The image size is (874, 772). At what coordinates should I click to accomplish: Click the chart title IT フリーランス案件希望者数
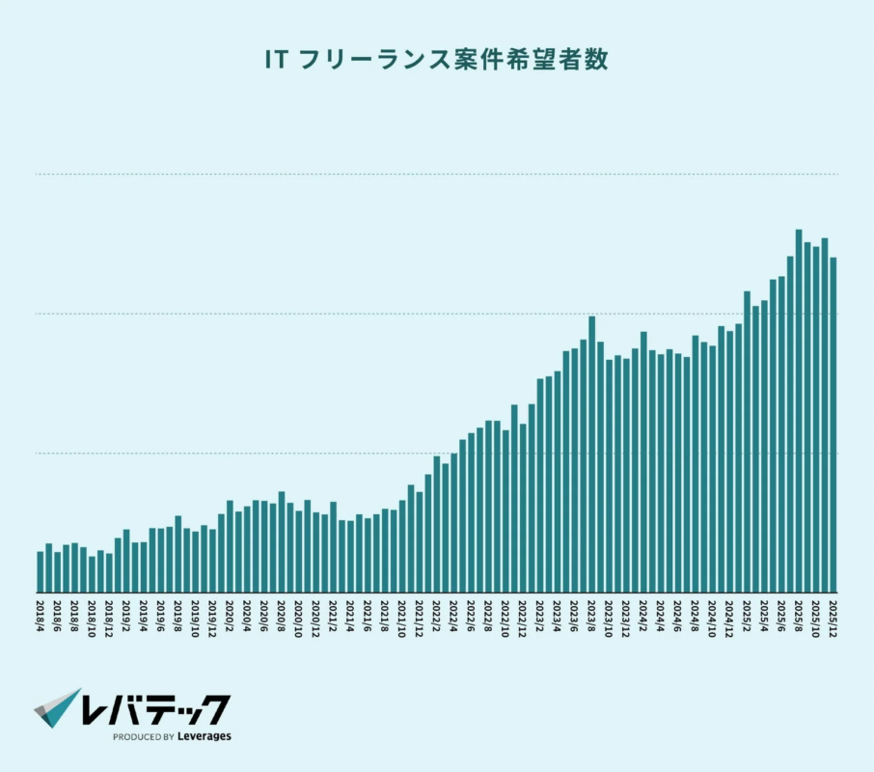[x=436, y=60]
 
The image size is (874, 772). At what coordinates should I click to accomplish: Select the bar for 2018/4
[x=41, y=571]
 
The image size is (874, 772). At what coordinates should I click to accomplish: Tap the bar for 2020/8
[x=282, y=541]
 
